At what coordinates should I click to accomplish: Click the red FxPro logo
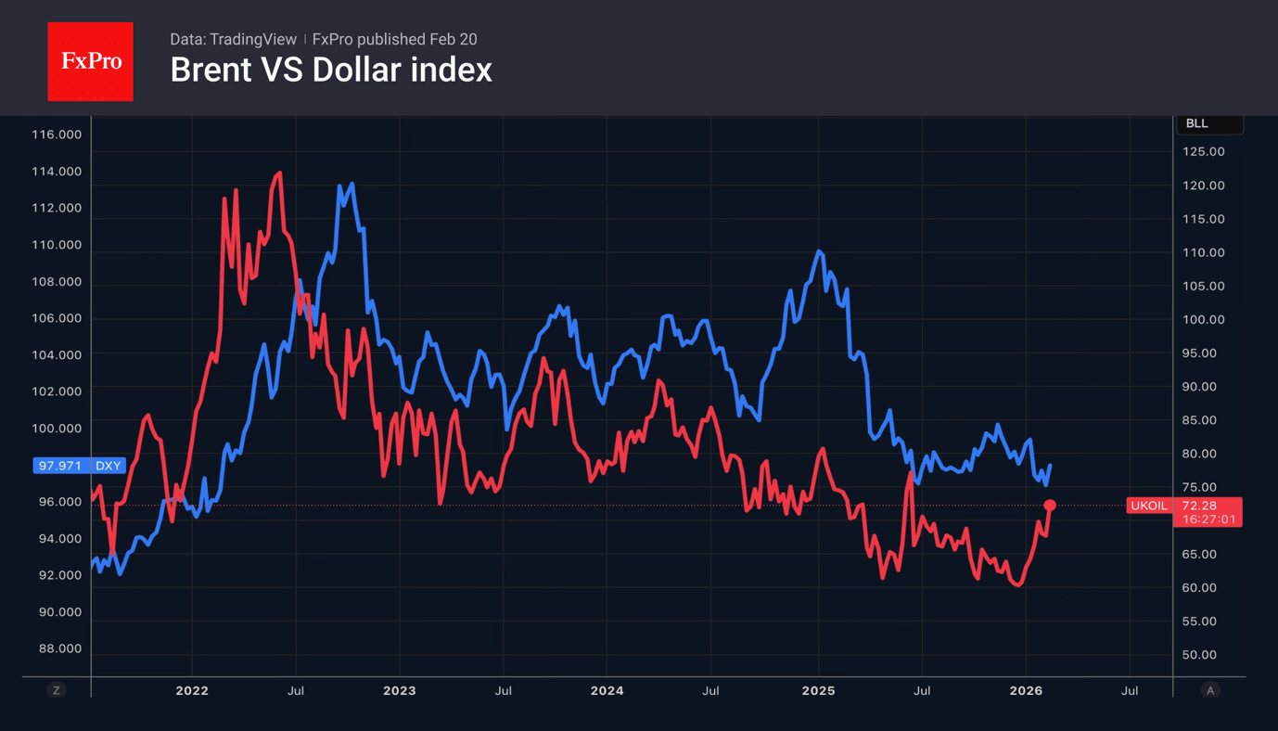click(x=90, y=61)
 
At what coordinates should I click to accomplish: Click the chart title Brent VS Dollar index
click(x=330, y=71)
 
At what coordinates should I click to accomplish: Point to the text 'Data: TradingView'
click(x=233, y=39)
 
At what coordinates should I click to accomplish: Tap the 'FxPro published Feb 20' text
click(x=394, y=39)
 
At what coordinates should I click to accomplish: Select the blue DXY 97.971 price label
click(x=79, y=466)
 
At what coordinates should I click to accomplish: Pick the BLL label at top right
click(x=1197, y=123)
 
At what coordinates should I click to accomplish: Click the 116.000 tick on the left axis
click(x=57, y=135)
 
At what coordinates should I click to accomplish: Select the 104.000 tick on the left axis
click(x=57, y=354)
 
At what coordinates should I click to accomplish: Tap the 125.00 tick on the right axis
click(x=1204, y=152)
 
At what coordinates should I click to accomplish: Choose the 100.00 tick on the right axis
click(x=1204, y=319)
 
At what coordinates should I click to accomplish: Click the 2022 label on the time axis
click(x=192, y=690)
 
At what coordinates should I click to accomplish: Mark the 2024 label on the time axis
click(x=607, y=690)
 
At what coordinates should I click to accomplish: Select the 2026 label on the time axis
click(x=1026, y=690)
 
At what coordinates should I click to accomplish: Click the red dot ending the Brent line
click(x=1050, y=506)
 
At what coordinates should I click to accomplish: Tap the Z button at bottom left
click(x=57, y=690)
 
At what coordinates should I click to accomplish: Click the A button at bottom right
click(x=1209, y=690)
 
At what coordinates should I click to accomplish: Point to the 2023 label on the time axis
click(x=400, y=690)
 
